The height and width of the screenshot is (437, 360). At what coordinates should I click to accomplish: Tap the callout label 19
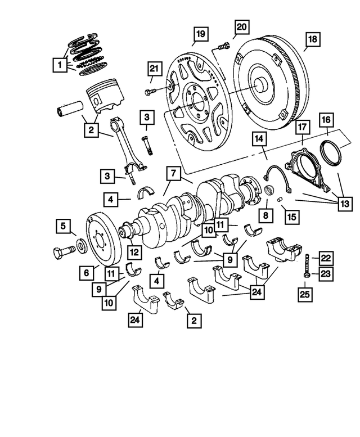[x=200, y=34]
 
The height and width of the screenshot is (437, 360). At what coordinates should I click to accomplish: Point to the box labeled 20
[x=240, y=26]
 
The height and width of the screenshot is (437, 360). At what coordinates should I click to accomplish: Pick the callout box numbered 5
[x=64, y=227]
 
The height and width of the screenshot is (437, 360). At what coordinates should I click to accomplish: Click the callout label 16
[x=326, y=120]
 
